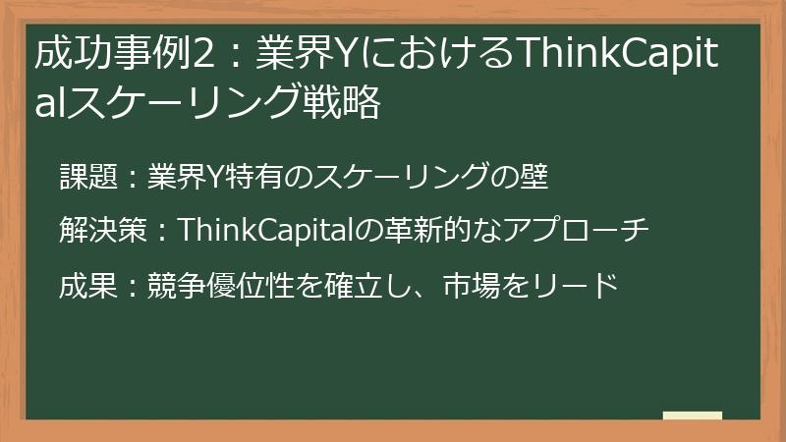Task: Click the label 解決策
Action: pos(102,231)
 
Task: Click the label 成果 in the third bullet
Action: pos(88,285)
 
